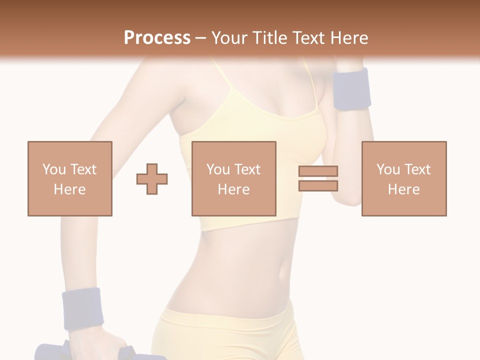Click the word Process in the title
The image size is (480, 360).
click(157, 38)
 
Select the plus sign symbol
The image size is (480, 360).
click(152, 178)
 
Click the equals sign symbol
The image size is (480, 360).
click(318, 178)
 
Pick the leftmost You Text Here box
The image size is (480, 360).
click(69, 178)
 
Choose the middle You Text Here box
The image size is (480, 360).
click(233, 178)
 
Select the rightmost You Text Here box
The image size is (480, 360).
click(403, 178)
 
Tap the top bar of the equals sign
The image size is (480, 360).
click(318, 171)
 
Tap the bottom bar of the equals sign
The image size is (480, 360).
click(318, 185)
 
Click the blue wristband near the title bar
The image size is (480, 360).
click(351, 89)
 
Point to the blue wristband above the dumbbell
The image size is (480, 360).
click(82, 308)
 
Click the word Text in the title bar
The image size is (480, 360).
click(306, 38)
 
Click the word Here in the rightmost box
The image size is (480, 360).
click(403, 189)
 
